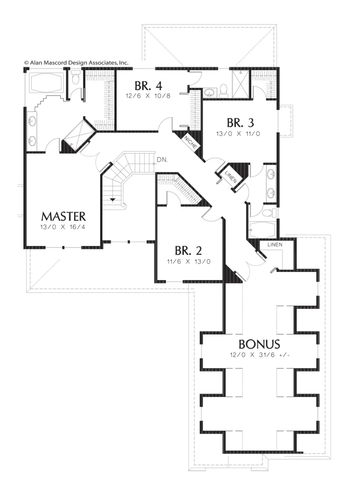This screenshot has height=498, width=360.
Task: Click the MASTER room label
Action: (x=64, y=216)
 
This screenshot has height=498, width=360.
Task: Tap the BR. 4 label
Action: (x=148, y=86)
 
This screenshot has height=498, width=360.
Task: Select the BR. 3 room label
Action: (x=240, y=123)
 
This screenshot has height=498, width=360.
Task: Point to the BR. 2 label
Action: (x=188, y=250)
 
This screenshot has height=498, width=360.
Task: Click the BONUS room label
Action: (x=259, y=344)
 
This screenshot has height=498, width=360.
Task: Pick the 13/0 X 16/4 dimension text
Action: (x=63, y=228)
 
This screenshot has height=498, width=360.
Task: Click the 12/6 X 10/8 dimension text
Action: (x=148, y=96)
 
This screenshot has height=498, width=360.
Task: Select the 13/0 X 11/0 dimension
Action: (x=238, y=134)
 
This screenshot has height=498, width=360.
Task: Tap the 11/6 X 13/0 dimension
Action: (x=189, y=262)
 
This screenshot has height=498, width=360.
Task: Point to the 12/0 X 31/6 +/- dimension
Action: (x=260, y=355)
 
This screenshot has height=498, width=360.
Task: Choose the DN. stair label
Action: (x=162, y=160)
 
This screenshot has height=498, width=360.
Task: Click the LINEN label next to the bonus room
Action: (x=275, y=245)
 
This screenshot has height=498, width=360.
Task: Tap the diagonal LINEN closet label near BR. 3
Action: (x=231, y=177)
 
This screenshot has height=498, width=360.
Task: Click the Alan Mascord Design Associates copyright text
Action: (x=76, y=63)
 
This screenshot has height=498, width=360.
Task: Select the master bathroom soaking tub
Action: (x=47, y=82)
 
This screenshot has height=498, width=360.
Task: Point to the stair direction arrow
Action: (x=112, y=199)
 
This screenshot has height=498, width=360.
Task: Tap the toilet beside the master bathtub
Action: (x=75, y=77)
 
